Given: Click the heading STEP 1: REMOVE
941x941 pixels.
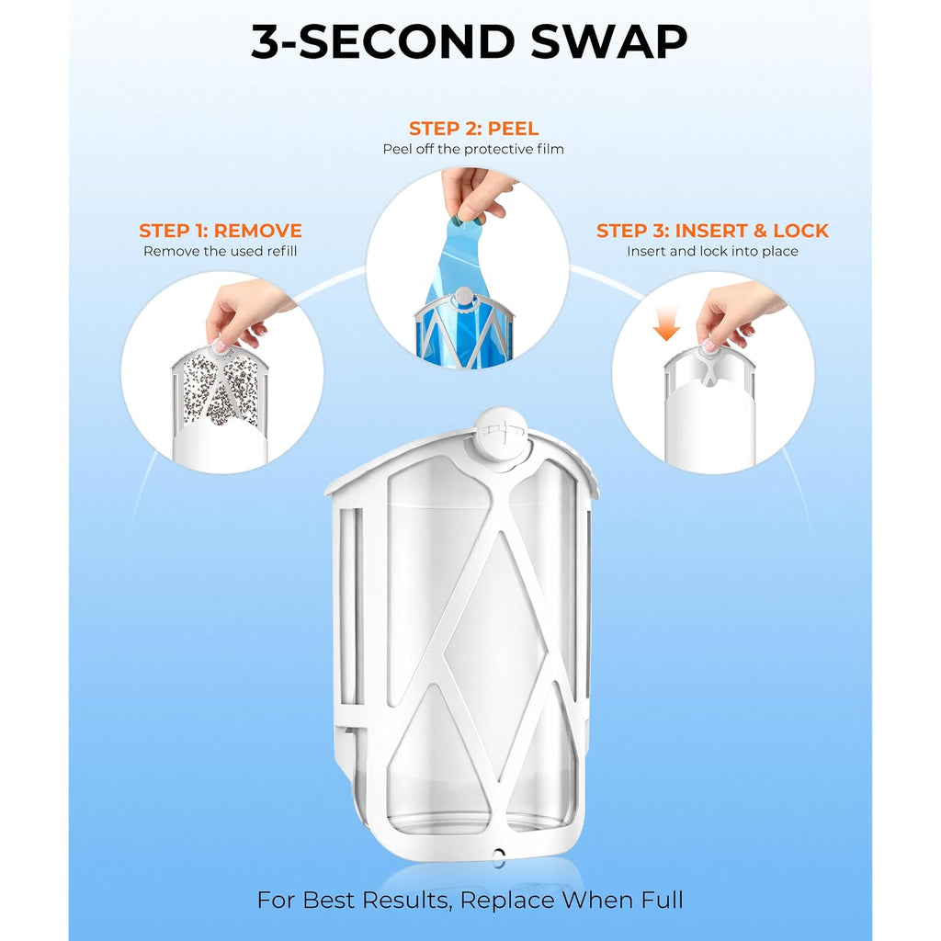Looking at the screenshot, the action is [x=221, y=231].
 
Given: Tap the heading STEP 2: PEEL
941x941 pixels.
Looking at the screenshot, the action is [x=473, y=129].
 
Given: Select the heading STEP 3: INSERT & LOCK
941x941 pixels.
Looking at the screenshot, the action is [x=712, y=231].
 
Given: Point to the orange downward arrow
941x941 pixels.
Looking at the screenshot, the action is [x=666, y=323].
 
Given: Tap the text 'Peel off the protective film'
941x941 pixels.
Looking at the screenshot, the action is [x=473, y=149].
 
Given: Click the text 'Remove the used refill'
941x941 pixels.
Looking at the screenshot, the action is [x=221, y=251].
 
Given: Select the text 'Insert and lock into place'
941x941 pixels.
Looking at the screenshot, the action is [x=712, y=251].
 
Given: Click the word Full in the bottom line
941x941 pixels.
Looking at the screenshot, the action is [x=659, y=901].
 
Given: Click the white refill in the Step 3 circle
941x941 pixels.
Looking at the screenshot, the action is [x=710, y=408].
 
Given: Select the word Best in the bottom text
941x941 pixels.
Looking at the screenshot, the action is [x=329, y=901].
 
